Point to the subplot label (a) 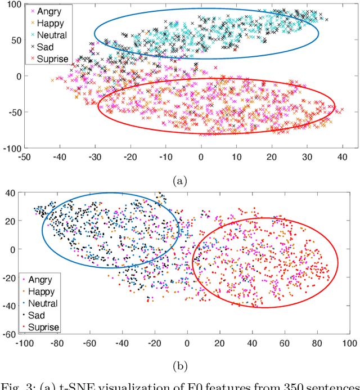(x=180, y=181)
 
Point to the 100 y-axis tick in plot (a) (x=13, y=5)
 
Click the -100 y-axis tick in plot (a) (x=11, y=149)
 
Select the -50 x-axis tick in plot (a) (x=24, y=159)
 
